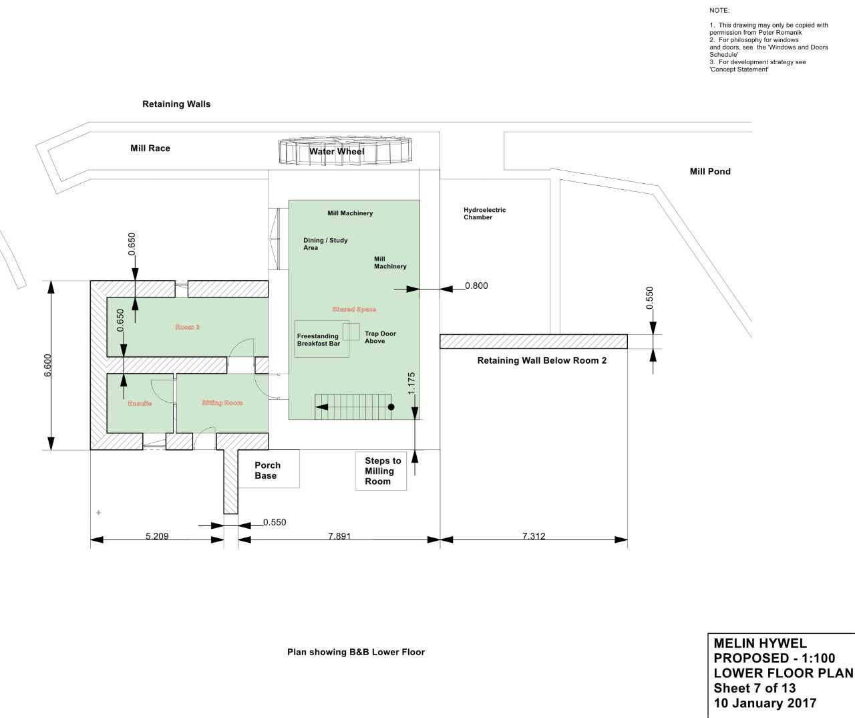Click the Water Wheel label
pyautogui.click(x=337, y=152)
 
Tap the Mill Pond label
pyautogui.click(x=709, y=172)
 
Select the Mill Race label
pyautogui.click(x=150, y=148)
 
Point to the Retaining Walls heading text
pyautogui.click(x=176, y=104)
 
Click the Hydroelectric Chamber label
pyautogui.click(x=484, y=213)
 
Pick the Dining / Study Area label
pyautogui.click(x=325, y=244)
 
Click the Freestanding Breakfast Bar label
pyautogui.click(x=319, y=340)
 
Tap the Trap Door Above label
pyautogui.click(x=380, y=338)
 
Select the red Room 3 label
pyautogui.click(x=187, y=328)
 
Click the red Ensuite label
pyautogui.click(x=140, y=404)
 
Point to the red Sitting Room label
pyautogui.click(x=222, y=403)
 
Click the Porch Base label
pyautogui.click(x=267, y=471)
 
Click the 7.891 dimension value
pyautogui.click(x=339, y=536)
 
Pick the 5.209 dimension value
pyautogui.click(x=157, y=536)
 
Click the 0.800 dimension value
pyautogui.click(x=476, y=286)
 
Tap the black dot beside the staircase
pyautogui.click(x=391, y=406)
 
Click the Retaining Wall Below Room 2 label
pyautogui.click(x=542, y=361)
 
